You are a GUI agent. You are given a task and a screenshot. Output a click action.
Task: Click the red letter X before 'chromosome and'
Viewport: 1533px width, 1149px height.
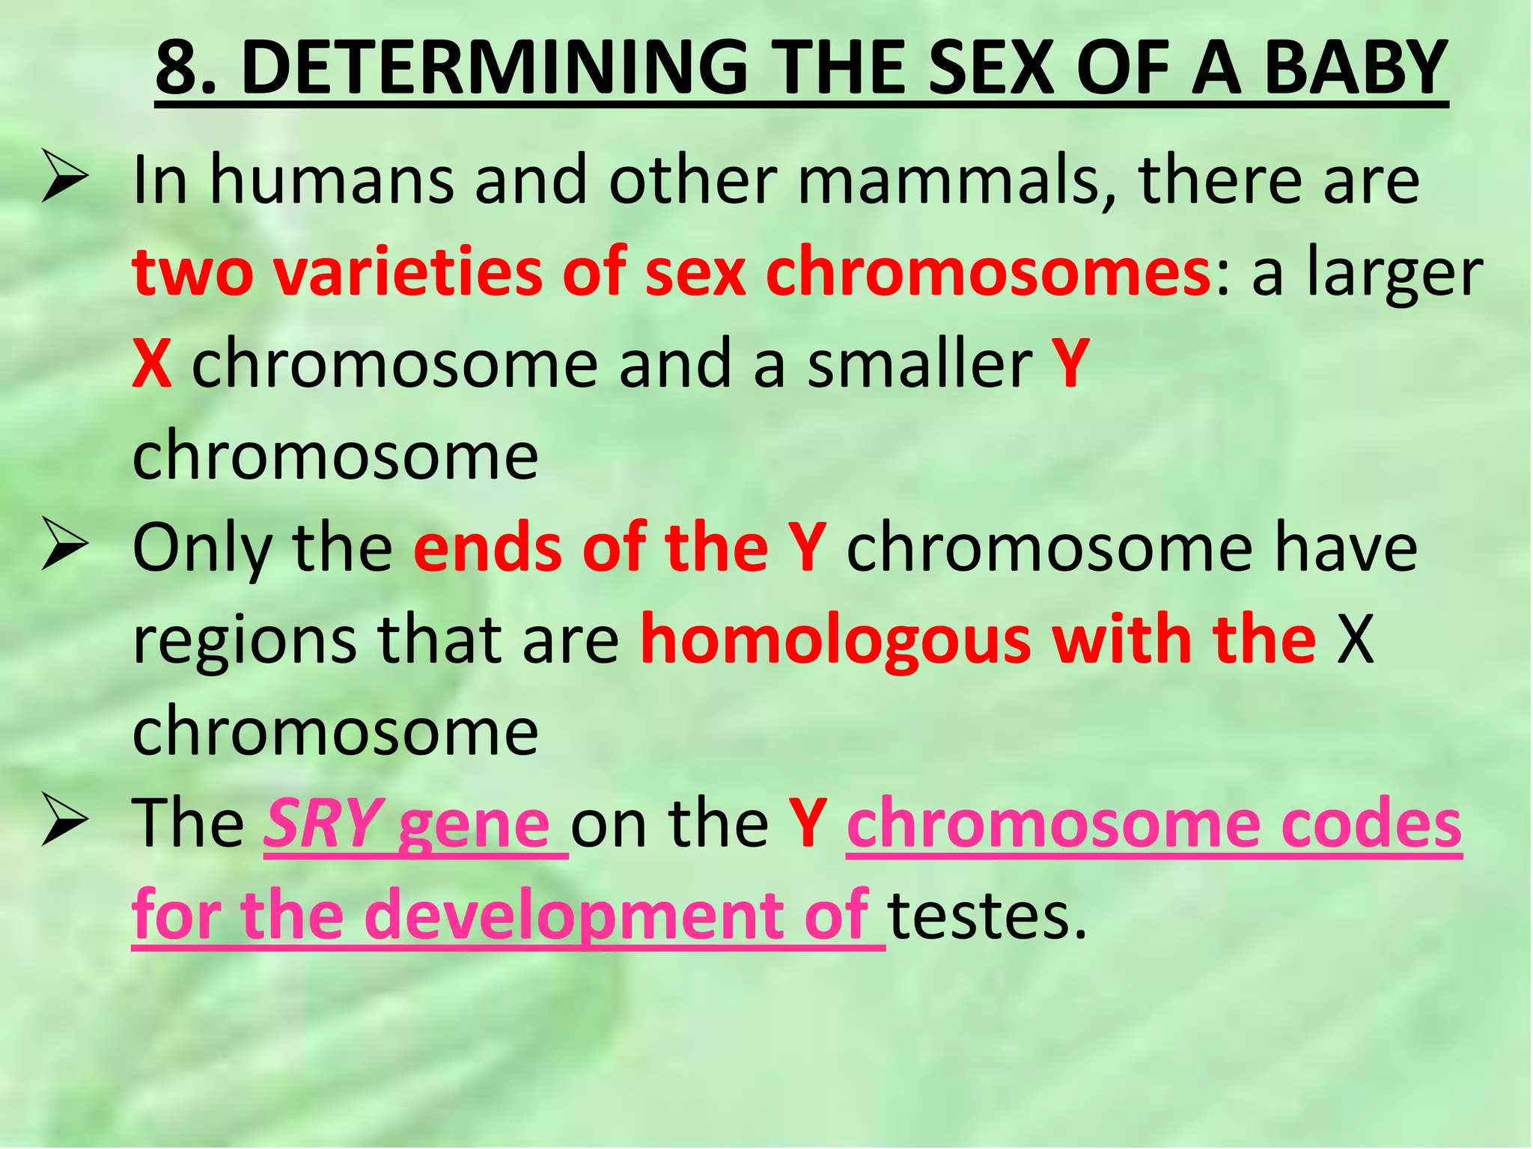pyautogui.click(x=152, y=364)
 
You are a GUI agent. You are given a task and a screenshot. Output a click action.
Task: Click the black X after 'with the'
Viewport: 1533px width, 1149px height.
pyautogui.click(x=1356, y=640)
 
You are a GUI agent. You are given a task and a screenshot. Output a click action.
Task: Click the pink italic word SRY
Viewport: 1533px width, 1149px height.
pyautogui.click(x=323, y=824)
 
